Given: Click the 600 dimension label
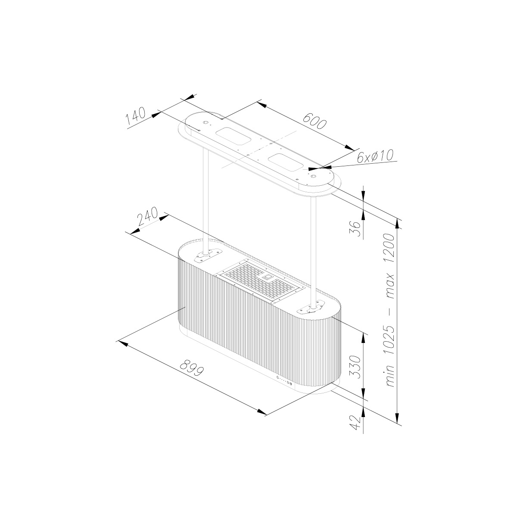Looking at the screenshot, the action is click(x=315, y=121).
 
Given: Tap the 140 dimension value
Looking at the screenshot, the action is click(x=136, y=116).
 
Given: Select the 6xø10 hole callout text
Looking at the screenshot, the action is click(x=375, y=156).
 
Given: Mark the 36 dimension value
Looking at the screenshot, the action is click(x=356, y=228).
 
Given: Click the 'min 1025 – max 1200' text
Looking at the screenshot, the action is click(x=390, y=310).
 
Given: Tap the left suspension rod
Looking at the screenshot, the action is click(x=206, y=201).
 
